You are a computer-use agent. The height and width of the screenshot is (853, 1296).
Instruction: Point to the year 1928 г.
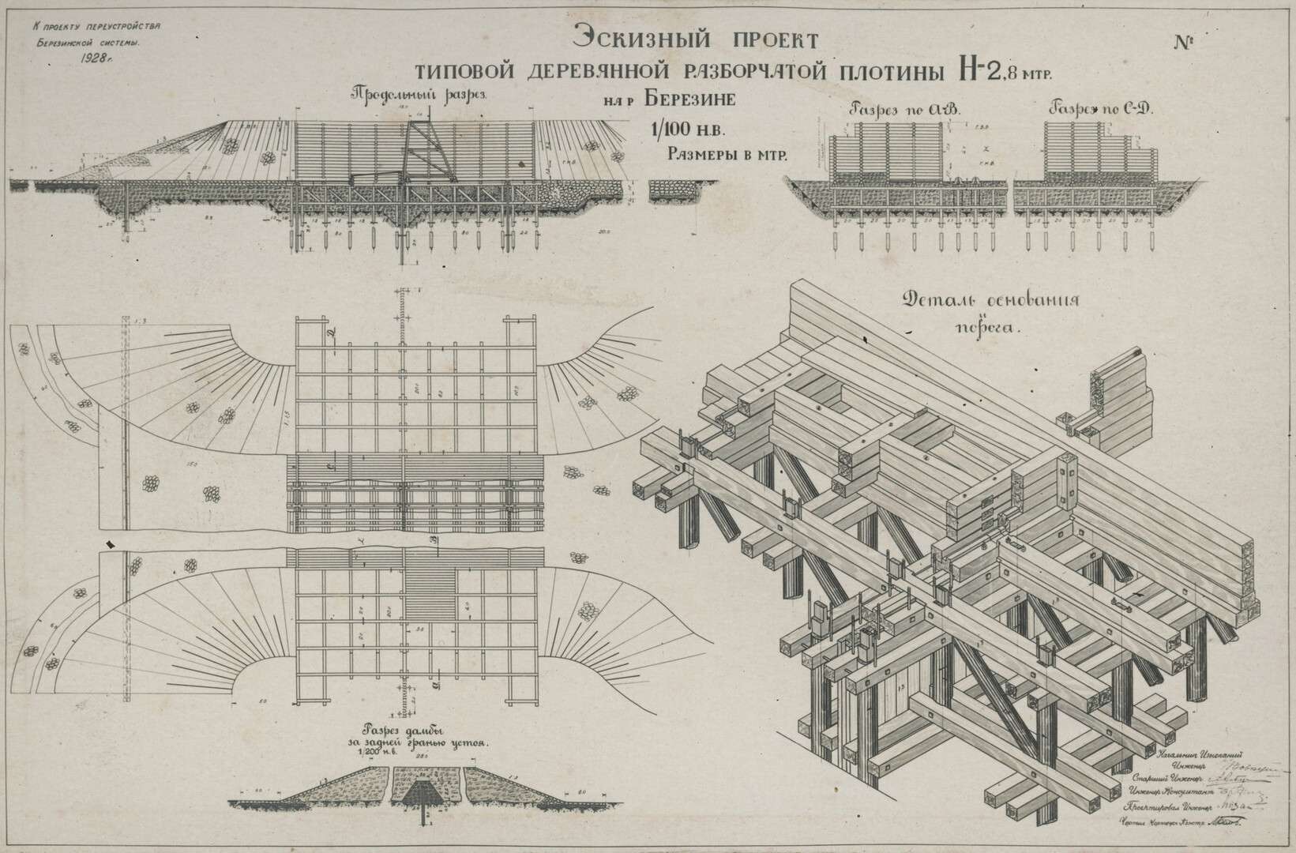click(x=97, y=58)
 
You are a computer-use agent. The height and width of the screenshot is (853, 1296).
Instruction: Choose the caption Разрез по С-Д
click(x=1101, y=108)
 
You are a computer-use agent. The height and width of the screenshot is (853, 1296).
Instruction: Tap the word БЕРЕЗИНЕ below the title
click(x=689, y=100)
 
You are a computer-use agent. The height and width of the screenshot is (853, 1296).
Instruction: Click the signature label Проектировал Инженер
click(x=1169, y=807)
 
